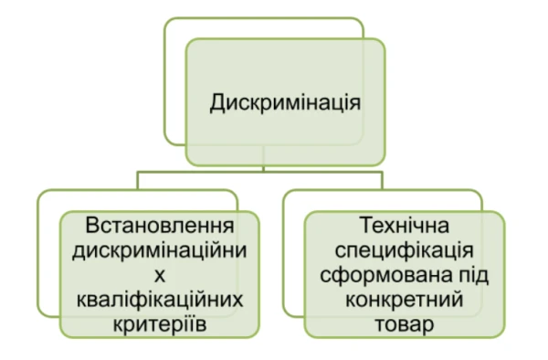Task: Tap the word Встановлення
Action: click(x=156, y=226)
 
